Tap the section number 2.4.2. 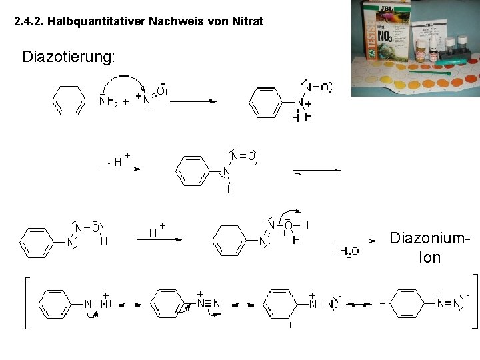coord(31,22)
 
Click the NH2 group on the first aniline coord(107,102)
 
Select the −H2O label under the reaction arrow coord(345,251)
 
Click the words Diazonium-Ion coord(424,246)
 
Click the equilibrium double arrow coord(316,172)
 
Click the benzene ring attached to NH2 coord(68,101)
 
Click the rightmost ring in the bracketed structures coord(407,305)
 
